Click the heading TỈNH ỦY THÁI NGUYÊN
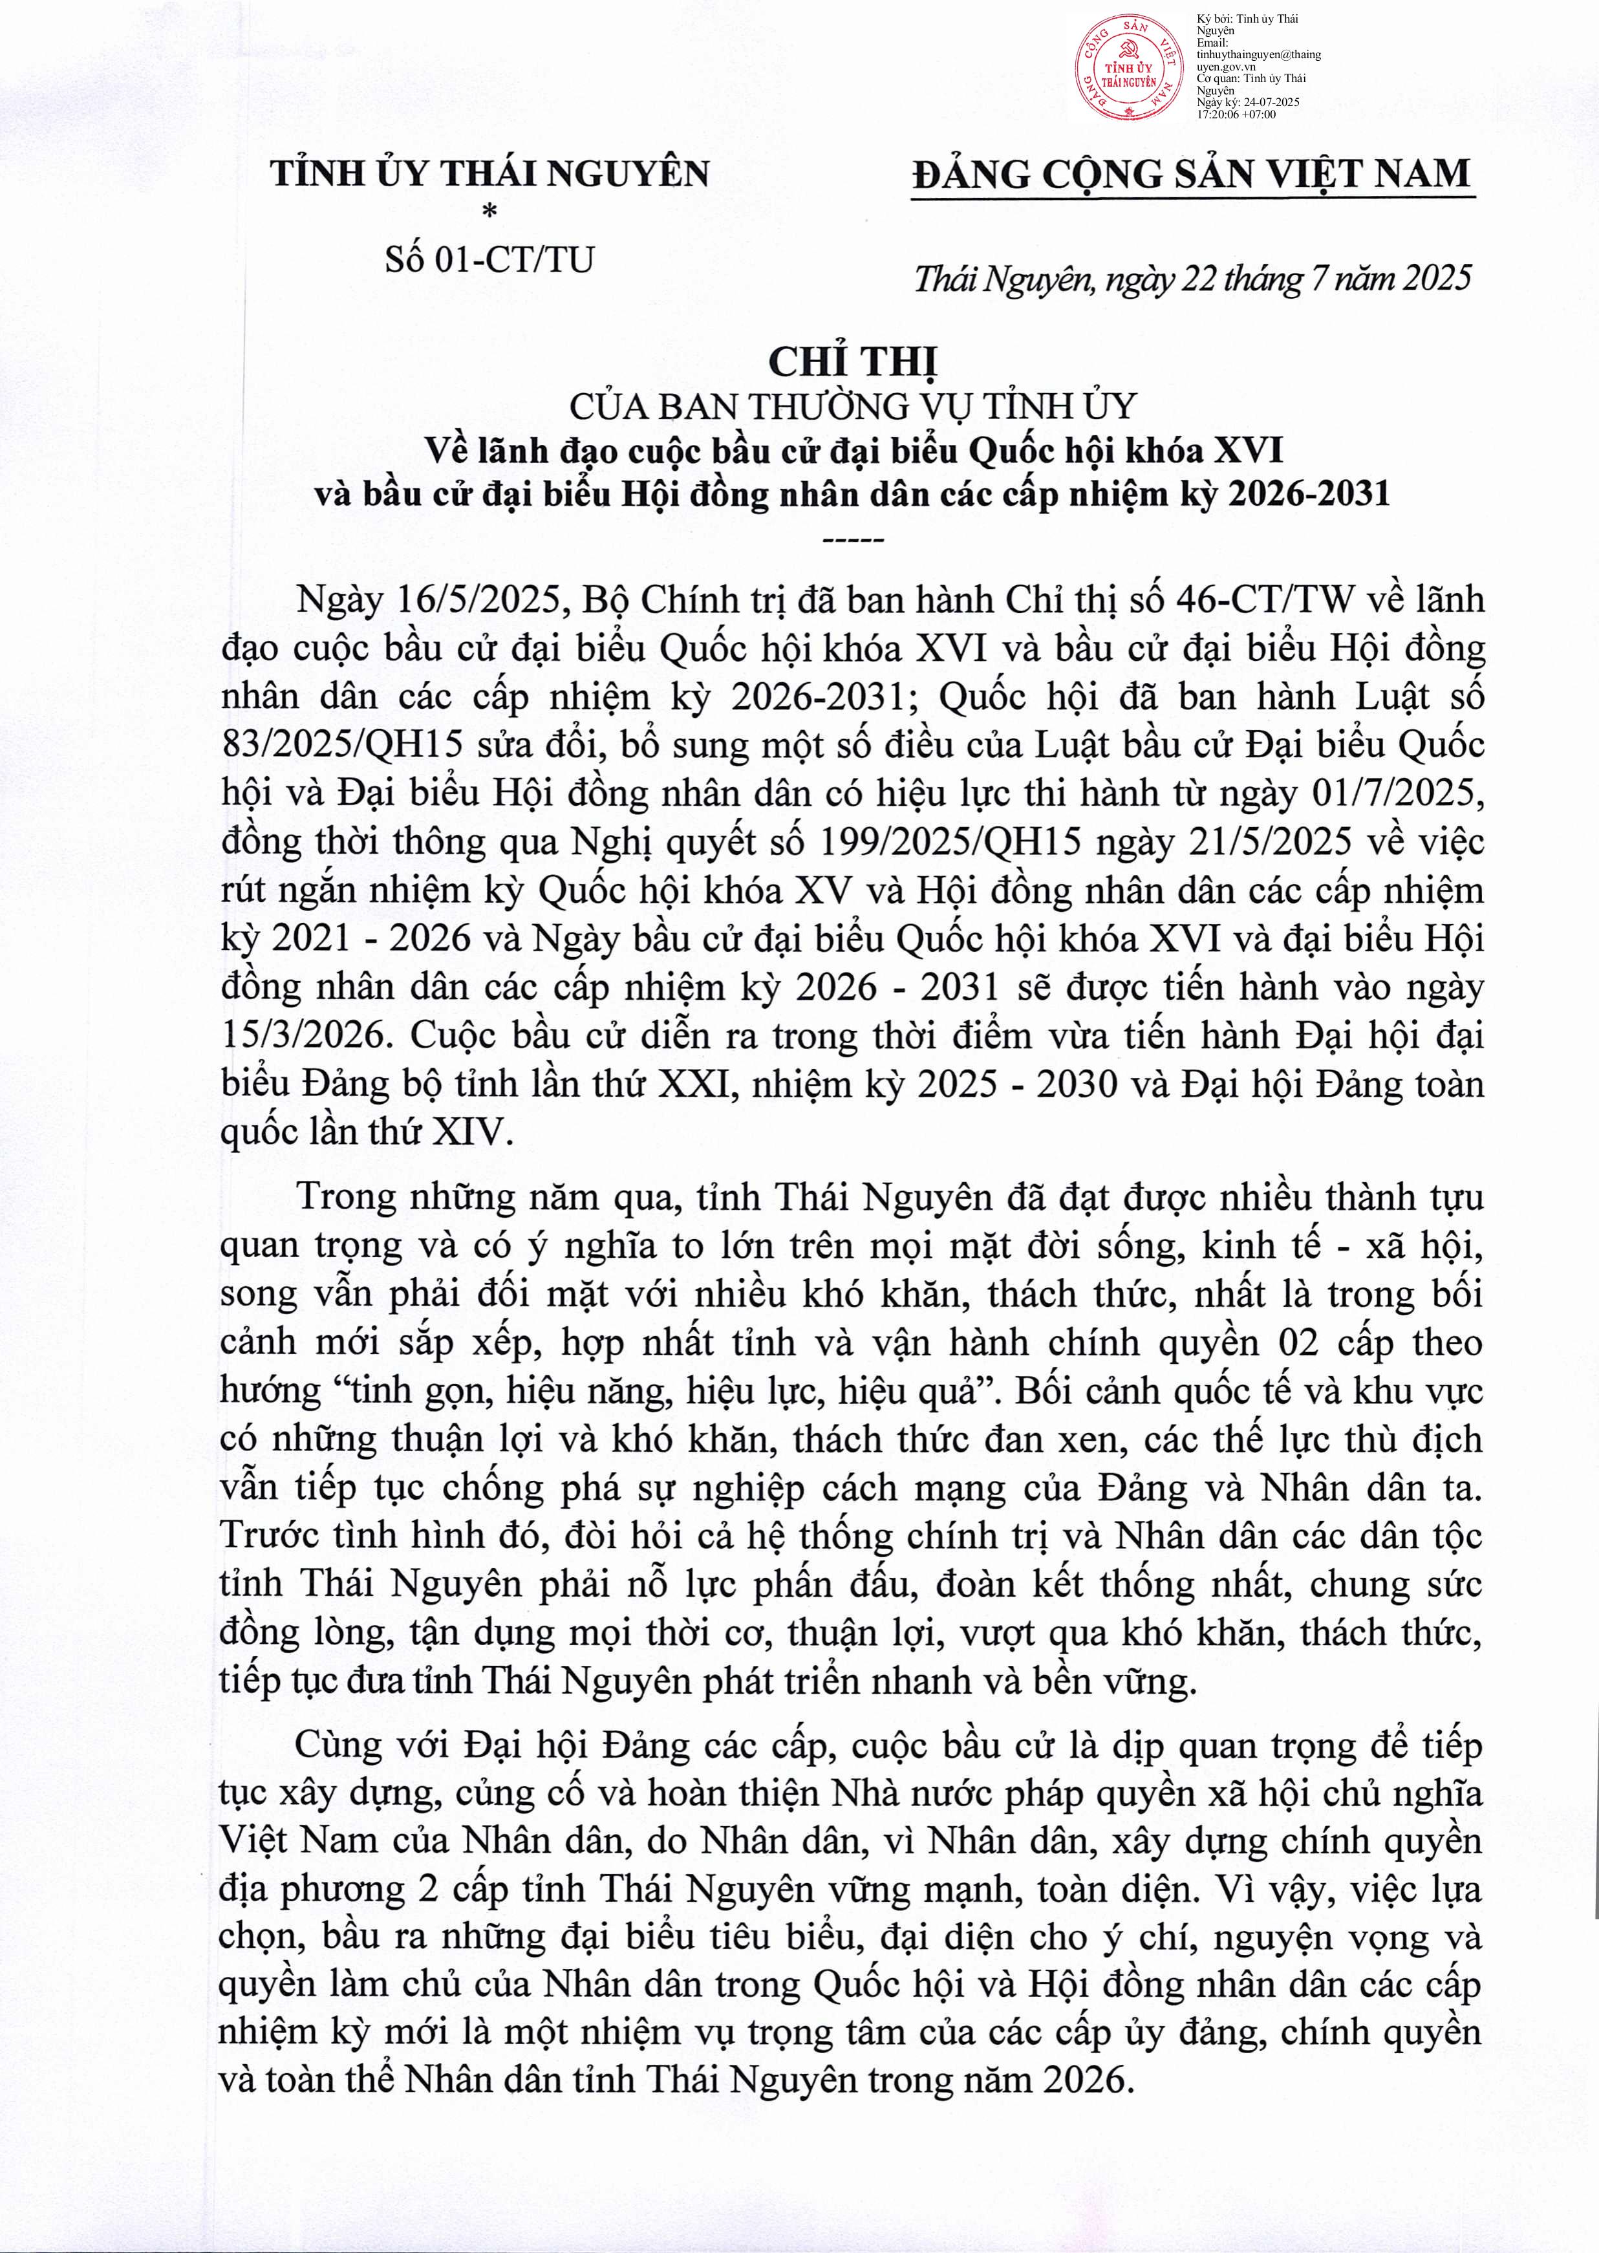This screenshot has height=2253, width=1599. point(489,175)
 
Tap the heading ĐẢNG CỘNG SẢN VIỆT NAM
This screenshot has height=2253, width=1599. point(1192,175)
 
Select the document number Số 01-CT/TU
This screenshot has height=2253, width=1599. point(489,260)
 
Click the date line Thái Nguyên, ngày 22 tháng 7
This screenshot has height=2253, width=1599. point(1192,279)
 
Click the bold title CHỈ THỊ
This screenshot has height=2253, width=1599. point(853,362)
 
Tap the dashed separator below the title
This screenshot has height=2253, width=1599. point(853,539)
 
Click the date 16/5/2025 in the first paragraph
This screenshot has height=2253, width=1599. point(478,599)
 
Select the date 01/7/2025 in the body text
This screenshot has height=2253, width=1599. point(1398,793)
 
